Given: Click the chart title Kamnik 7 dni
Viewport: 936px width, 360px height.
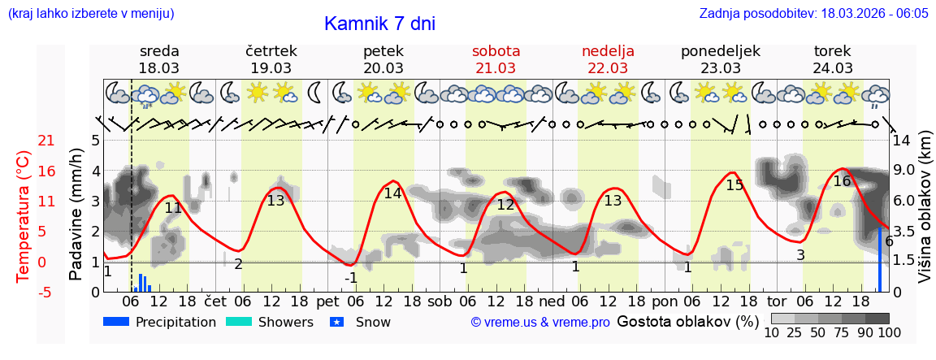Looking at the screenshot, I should [x=379, y=24].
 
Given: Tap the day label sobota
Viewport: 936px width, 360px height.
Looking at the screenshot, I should [x=496, y=51].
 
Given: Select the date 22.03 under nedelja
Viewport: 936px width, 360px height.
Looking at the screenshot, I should [x=608, y=68].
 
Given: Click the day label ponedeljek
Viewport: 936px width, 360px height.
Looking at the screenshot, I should [x=720, y=51].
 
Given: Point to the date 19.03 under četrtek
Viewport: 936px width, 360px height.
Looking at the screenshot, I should [x=271, y=68].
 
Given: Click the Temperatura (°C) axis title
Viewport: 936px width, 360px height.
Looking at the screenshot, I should [x=24, y=215].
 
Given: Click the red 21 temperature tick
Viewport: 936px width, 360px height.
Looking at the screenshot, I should [x=24, y=141].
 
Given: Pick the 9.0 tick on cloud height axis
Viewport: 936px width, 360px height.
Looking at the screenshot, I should [x=905, y=171].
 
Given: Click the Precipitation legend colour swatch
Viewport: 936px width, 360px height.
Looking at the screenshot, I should [x=116, y=323].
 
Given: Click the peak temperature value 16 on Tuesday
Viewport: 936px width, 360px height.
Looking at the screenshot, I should [x=842, y=181].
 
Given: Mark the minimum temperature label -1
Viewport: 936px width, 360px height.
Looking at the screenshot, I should [x=351, y=278].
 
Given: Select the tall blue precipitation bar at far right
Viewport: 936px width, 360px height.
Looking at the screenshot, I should [x=879, y=260].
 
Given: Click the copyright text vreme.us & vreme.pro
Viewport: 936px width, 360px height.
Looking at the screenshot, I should [x=540, y=323].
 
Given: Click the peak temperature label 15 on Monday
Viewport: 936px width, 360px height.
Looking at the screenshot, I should [x=734, y=185].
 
